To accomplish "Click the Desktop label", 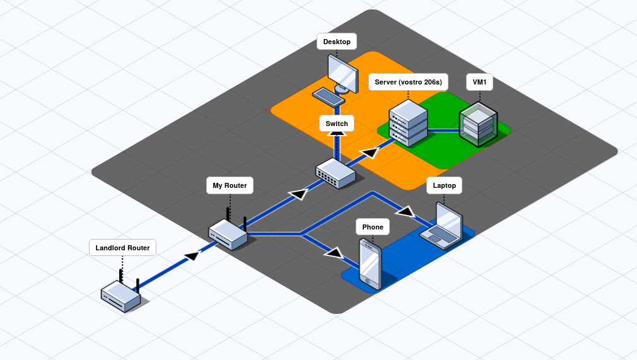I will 337,42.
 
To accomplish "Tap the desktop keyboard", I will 328,96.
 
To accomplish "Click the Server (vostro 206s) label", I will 408,82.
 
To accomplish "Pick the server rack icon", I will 408,122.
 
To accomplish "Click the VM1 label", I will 479,82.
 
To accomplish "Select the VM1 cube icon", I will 477,125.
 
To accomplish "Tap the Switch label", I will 337,124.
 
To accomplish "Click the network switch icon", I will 336,173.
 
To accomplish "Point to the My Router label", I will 230,185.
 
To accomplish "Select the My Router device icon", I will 228,234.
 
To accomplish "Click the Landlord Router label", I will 122,248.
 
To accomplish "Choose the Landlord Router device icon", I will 120,295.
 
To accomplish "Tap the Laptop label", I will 444,185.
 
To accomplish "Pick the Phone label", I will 373,227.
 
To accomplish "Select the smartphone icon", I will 370,264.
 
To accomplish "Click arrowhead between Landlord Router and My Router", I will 192,255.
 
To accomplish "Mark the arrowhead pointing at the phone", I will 334,253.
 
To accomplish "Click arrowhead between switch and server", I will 370,152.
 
